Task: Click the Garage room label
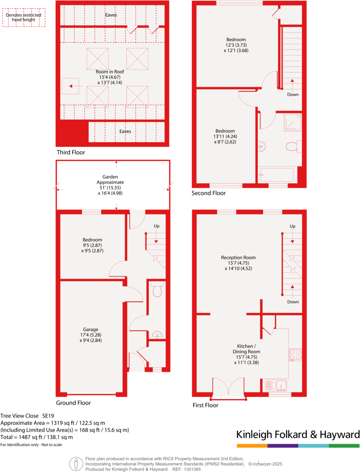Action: [x=91, y=335]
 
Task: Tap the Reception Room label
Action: [x=238, y=263]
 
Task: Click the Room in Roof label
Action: [x=110, y=77]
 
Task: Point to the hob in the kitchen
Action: [x=295, y=354]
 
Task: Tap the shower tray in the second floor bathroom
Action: [x=292, y=121]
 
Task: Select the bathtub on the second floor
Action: [x=276, y=175]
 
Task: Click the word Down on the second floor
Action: [x=292, y=94]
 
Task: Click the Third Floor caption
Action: [x=70, y=152]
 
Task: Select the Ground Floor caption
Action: [x=73, y=403]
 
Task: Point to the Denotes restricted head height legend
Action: [x=23, y=17]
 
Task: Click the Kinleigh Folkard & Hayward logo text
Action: [x=297, y=434]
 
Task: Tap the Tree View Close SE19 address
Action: [x=27, y=416]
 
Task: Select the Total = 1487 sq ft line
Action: [x=37, y=437]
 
